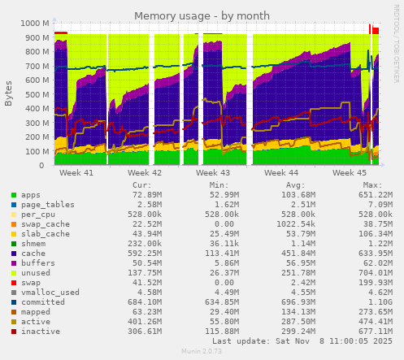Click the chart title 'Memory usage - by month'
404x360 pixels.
(x=202, y=15)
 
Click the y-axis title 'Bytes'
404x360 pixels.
(x=9, y=93)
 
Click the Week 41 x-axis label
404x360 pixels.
(x=76, y=173)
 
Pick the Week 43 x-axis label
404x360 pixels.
(x=213, y=173)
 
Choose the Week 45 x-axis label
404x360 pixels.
(x=350, y=173)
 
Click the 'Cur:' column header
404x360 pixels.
(x=141, y=184)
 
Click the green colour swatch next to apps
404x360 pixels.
(x=14, y=195)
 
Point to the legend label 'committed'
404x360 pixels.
(x=41, y=302)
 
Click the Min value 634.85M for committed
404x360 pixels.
(x=221, y=302)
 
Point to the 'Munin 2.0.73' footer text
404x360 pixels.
(x=202, y=352)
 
